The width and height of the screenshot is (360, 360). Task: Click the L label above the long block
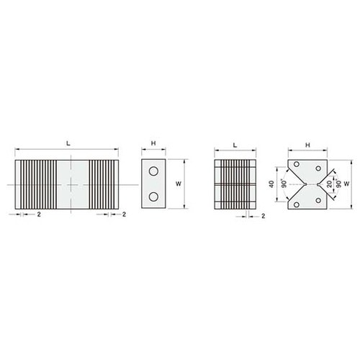point(68,143)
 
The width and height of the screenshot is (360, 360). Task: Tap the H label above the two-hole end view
point(153,143)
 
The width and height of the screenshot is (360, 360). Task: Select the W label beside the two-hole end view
point(179,184)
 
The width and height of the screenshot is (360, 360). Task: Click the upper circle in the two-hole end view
point(153,171)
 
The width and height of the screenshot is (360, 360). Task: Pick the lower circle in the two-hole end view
point(153,197)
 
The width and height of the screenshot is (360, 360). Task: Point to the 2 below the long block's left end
point(39,215)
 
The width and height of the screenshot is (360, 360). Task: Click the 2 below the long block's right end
point(124,215)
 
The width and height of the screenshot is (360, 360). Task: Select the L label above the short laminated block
point(235,145)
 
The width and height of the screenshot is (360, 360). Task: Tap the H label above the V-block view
point(307,145)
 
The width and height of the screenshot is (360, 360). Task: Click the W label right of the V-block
point(346,184)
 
